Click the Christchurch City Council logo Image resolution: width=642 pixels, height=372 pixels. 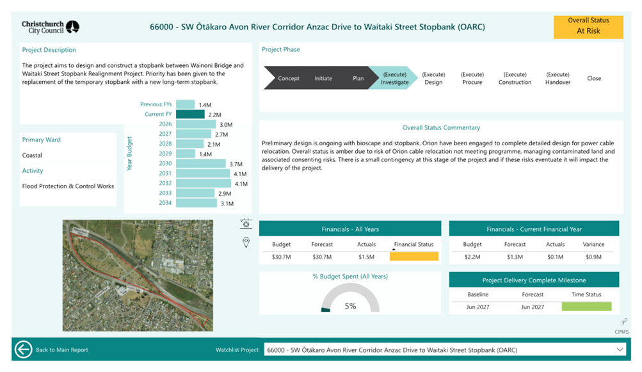pos(51,27)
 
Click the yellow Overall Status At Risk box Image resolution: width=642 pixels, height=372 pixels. pos(588,28)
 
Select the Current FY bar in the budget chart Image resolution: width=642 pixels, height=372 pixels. pos(190,115)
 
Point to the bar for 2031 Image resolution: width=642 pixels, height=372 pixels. pos(203,174)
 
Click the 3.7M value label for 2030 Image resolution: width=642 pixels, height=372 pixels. pos(236,164)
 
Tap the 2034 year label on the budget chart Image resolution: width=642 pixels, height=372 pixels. pos(165,203)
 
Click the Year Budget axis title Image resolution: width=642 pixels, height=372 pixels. pos(129,154)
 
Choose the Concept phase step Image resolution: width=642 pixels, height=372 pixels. pos(288,78)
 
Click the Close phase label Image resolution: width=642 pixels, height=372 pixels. pos(594,78)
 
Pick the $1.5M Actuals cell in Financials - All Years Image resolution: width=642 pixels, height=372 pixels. pos(366,257)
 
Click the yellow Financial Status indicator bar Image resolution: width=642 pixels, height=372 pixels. pos(414,257)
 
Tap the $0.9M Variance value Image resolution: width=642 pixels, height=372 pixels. pos(593,257)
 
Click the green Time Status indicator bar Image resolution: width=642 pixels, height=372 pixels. pos(586,307)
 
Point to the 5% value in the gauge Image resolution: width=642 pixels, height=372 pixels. pos(350,306)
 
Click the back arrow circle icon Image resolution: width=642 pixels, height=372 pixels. pos(23,350)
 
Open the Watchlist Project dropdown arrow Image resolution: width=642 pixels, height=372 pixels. pos(620,350)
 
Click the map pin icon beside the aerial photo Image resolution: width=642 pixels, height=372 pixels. pos(246,243)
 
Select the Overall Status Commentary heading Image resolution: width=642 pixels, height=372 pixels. pos(441,127)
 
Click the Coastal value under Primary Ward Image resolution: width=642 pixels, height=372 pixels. pos(32,156)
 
